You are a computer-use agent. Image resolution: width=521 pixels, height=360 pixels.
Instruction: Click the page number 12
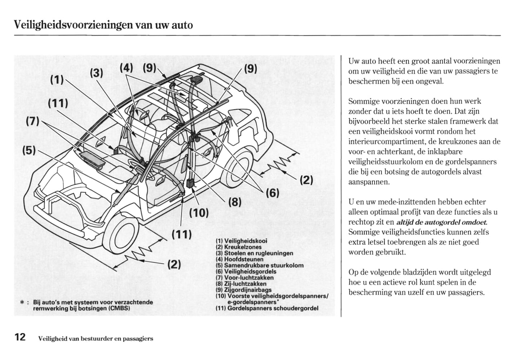pos(20,337)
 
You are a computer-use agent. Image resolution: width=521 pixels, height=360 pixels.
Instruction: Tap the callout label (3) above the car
pos(96,73)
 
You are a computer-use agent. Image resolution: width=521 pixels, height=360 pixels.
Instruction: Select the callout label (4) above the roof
pos(126,67)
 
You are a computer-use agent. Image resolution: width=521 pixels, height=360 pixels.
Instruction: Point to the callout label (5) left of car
pos(29,150)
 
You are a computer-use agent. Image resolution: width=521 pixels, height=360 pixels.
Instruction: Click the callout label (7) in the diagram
pos(32,120)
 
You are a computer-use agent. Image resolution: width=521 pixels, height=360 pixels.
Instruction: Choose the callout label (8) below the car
pos(235,202)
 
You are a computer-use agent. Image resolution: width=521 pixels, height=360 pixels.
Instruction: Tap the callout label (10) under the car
pos(199,213)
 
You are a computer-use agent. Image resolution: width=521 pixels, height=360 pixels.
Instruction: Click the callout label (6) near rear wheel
pos(272,193)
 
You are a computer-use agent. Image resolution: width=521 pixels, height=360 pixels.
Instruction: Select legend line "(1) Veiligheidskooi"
pos(242,241)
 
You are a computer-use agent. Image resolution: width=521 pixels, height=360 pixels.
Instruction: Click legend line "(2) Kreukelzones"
pos(239,247)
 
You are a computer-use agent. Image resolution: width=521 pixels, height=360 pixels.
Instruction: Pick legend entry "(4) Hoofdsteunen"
pos(239,259)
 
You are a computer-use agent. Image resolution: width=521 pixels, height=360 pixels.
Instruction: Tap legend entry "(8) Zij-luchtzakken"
pos(241,284)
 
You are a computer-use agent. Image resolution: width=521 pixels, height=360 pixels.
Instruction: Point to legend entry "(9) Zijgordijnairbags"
pos(243,290)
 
